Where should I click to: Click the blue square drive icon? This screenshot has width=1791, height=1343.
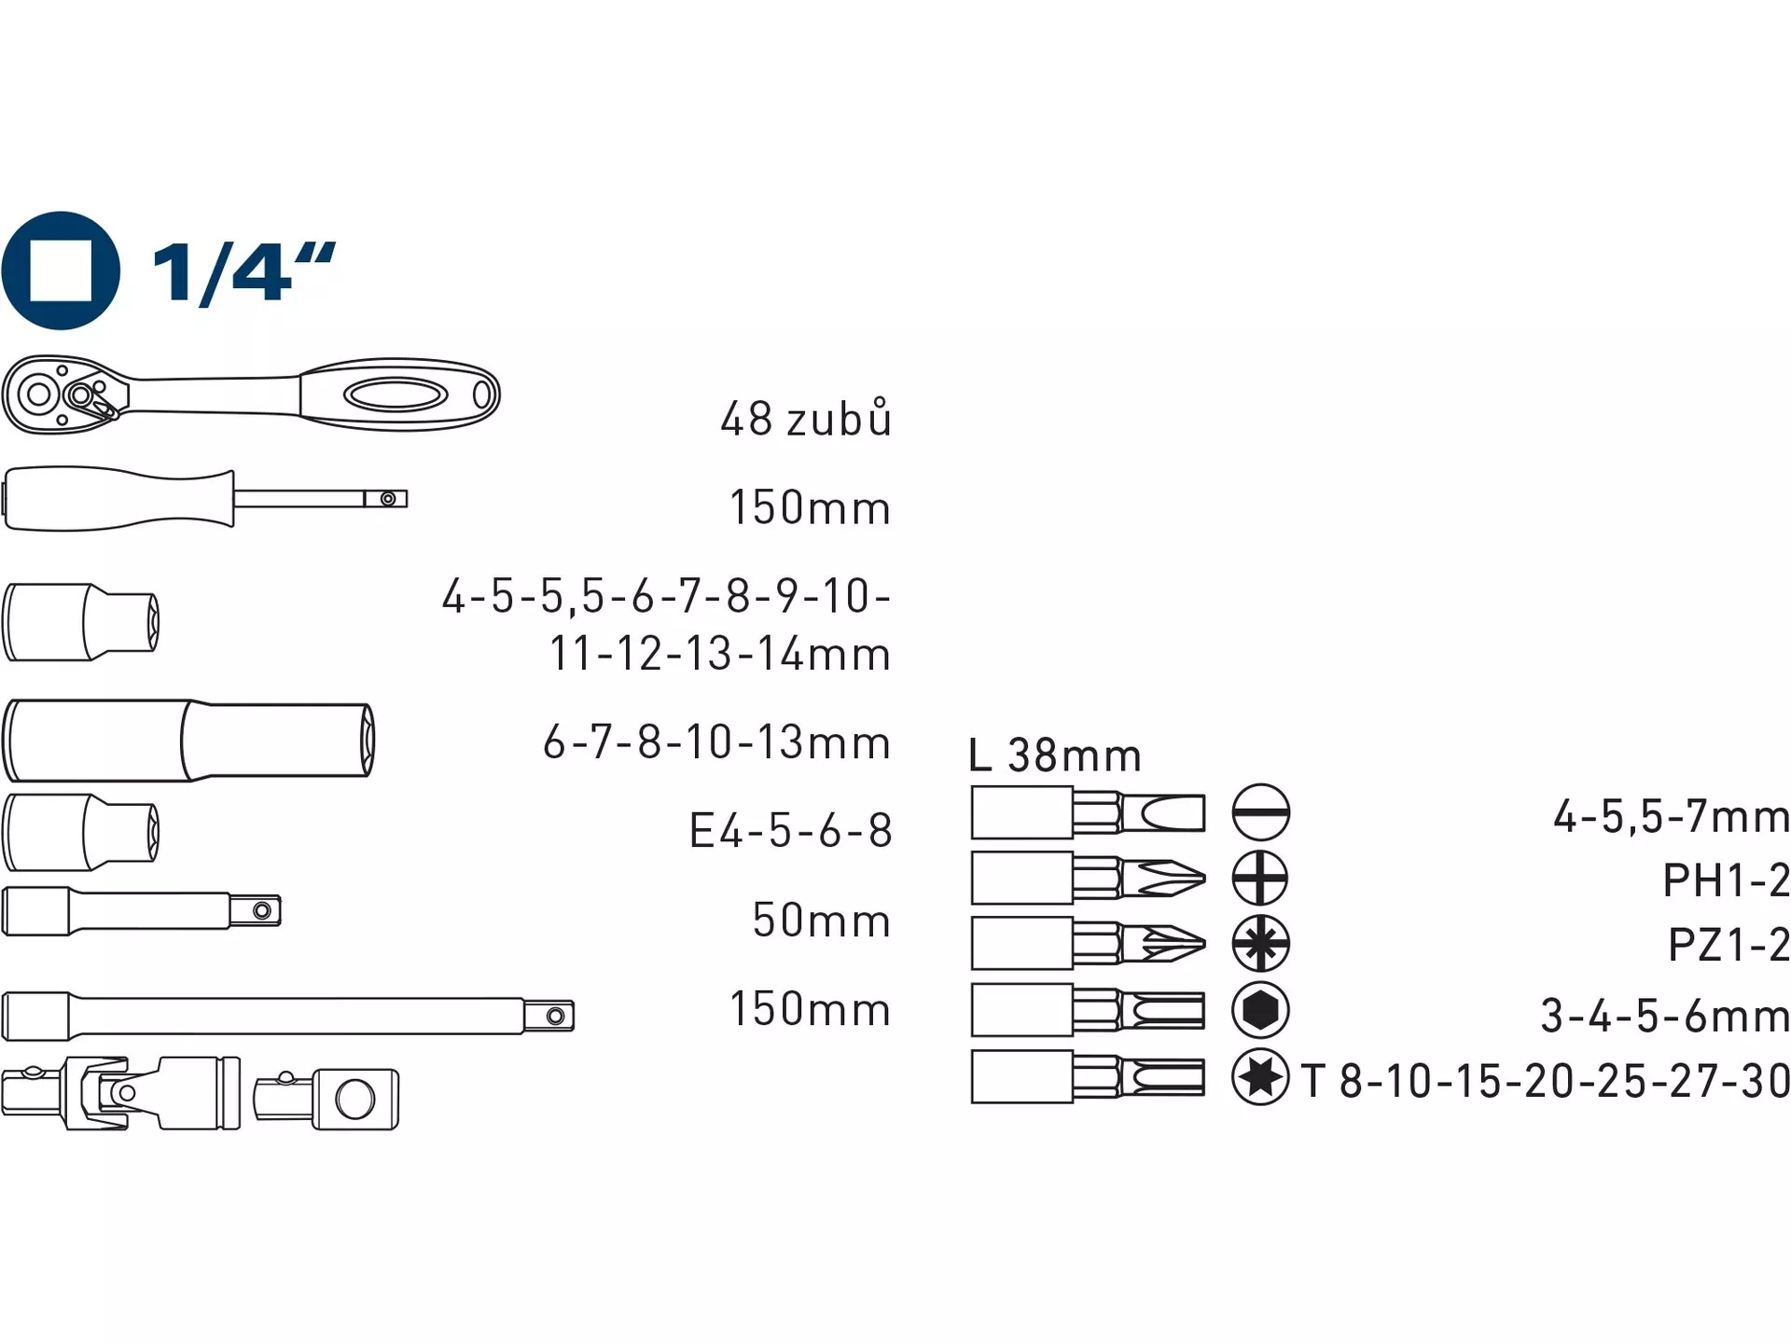61,270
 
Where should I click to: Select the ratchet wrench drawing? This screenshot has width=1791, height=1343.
251,395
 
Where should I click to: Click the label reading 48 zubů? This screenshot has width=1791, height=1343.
806,418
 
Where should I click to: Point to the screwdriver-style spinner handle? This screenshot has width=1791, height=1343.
205,499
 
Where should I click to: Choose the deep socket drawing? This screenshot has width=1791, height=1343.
188,741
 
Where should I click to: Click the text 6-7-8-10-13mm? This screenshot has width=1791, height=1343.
716,742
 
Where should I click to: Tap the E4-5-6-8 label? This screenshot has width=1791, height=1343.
790,830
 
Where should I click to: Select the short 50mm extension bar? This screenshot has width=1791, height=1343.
142,910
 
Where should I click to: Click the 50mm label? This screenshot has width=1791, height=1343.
822,920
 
